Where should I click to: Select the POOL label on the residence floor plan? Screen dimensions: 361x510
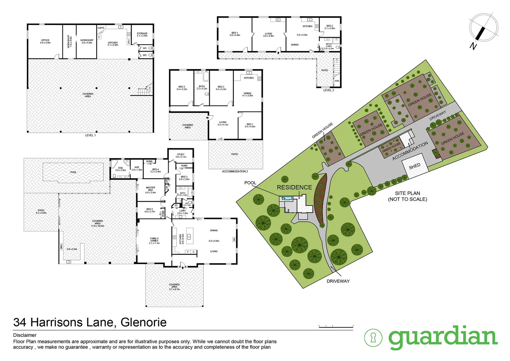click(73, 172)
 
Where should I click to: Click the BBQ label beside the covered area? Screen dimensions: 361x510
click(61, 246)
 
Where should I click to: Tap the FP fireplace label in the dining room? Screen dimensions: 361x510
click(234, 240)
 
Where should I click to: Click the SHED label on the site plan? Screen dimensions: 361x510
click(415, 166)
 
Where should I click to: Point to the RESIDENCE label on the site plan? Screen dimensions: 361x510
click(294, 188)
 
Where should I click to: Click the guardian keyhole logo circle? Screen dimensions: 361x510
click(373, 338)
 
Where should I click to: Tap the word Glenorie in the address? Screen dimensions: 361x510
click(144, 322)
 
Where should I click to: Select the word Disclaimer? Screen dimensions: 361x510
click(25, 335)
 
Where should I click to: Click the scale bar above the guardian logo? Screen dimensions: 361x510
click(336, 326)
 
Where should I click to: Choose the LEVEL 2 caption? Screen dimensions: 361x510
click(328, 90)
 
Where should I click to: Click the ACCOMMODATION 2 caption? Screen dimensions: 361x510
click(235, 171)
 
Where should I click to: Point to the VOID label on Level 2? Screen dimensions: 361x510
click(337, 81)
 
